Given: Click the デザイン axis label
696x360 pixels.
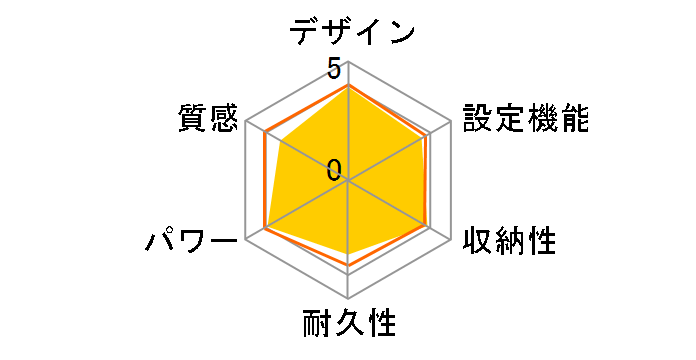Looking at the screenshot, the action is click(351, 33).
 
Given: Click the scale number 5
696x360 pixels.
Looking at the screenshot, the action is click(332, 70).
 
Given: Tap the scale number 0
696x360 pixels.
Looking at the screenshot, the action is click(333, 170).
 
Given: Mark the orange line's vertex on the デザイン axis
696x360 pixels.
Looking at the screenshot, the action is click(348, 86).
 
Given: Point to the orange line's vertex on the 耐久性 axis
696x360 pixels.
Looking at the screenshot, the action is click(348, 267).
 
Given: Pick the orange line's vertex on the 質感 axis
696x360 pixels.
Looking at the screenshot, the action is click(266, 133).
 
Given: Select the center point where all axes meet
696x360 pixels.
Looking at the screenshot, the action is click(348, 181).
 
